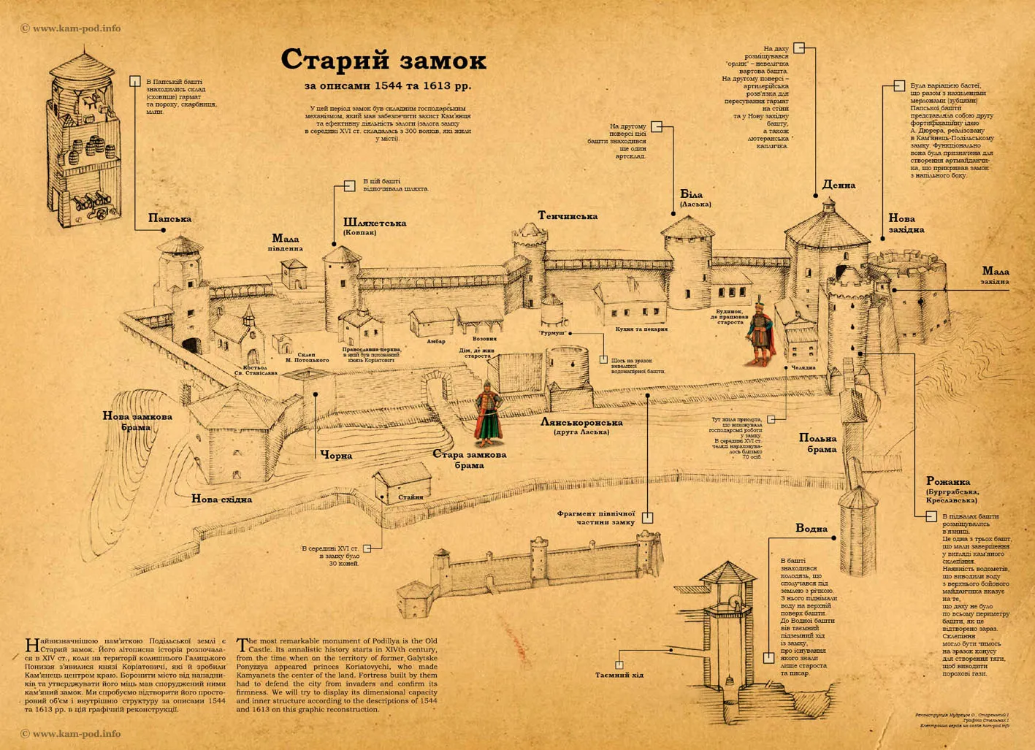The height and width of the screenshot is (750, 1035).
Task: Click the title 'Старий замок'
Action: (383, 60)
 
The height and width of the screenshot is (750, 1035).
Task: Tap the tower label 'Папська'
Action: (169, 218)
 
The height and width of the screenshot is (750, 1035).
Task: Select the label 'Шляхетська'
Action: (375, 223)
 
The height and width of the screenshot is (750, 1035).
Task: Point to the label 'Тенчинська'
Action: (568, 216)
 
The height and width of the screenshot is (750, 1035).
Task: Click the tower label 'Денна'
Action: (839, 185)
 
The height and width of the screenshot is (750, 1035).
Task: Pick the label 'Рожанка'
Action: (947, 481)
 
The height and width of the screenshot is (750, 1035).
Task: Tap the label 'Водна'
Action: (811, 528)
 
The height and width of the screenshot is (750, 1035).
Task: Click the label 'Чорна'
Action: (337, 456)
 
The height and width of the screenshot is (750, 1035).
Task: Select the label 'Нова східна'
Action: (221, 500)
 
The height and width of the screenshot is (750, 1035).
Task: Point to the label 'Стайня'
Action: (410, 497)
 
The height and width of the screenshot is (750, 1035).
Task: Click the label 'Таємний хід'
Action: (619, 675)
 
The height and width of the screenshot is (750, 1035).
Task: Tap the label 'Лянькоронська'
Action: (581, 422)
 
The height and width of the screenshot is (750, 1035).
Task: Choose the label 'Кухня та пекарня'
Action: (641, 329)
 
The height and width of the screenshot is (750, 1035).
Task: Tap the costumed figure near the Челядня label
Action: (760, 332)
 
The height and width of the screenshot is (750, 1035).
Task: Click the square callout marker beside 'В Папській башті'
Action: (135, 81)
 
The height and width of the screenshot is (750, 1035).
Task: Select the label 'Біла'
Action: (691, 195)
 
